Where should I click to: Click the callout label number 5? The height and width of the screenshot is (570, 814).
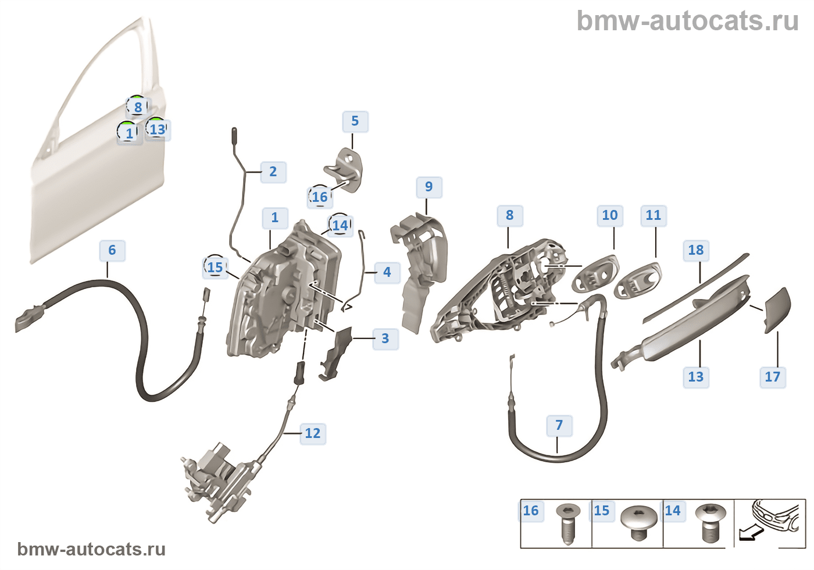[x=355, y=121]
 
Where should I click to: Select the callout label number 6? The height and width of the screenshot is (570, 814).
[x=112, y=250]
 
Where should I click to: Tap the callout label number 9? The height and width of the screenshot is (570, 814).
[x=429, y=187]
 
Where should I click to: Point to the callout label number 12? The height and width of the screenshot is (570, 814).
[x=313, y=433]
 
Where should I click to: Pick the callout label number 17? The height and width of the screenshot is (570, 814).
[x=773, y=377]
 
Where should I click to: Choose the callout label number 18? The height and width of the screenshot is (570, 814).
[x=696, y=250]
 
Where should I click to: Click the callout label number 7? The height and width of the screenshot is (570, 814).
[x=559, y=425]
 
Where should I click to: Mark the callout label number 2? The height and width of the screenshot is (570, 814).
[x=273, y=172]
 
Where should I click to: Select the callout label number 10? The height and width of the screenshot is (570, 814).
[x=610, y=215]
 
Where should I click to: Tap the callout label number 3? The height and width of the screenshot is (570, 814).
[x=385, y=339]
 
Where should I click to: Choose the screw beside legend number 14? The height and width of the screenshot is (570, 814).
[x=711, y=522]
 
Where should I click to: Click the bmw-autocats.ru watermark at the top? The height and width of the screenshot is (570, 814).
[x=687, y=21]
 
